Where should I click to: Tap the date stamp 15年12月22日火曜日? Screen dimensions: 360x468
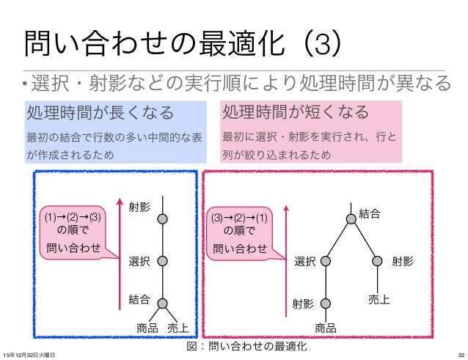[29, 354]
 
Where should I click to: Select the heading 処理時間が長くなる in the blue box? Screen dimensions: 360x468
[100, 114]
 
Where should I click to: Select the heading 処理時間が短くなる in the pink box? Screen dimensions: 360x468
[295, 114]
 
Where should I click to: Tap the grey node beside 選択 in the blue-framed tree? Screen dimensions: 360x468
[163, 260]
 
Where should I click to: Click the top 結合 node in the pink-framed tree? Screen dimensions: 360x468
[349, 218]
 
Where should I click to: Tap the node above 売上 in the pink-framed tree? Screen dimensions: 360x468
[378, 260]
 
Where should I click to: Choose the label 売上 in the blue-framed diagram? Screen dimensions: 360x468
[178, 326]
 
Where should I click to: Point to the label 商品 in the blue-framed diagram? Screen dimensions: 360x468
[147, 326]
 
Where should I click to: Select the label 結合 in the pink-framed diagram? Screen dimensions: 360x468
[370, 214]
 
